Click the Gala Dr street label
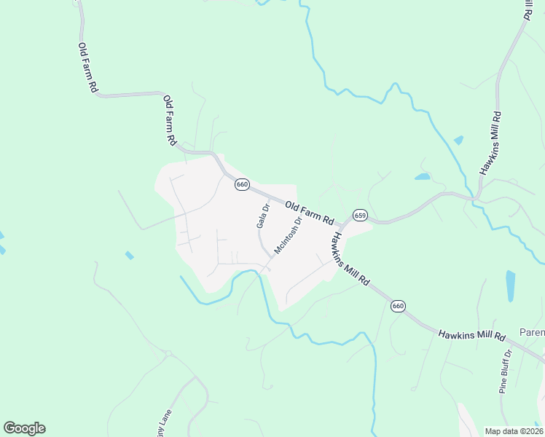pos(263,216)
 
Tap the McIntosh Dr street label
pos(287,237)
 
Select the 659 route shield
pos(360,216)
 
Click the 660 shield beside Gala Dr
pos(243,184)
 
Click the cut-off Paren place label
pos(532,333)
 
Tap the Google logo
pos(24,428)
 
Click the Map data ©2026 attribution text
pos(514,431)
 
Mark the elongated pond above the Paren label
pos(510,286)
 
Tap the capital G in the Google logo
pos(10,428)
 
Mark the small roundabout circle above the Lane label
pos(168,354)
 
